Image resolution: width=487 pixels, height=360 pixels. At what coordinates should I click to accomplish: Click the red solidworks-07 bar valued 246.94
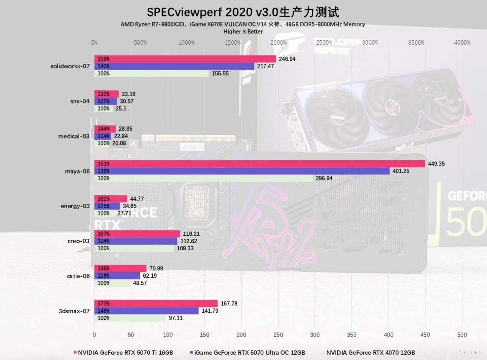185,59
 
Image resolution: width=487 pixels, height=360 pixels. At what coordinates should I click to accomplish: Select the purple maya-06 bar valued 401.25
242,171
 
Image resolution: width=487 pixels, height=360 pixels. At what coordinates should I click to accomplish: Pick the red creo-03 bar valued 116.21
137,234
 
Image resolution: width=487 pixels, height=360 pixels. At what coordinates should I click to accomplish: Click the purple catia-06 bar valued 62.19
117,276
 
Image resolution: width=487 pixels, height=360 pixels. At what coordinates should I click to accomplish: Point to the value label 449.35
436,164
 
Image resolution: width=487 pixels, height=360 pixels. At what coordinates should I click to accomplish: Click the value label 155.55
220,73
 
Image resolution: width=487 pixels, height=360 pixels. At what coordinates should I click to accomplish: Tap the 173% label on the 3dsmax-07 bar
103,303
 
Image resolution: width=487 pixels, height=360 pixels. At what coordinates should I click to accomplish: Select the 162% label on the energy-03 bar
103,199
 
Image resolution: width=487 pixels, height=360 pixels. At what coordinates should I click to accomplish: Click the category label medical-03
74,136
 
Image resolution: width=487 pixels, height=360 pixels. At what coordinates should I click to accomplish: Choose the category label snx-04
80,101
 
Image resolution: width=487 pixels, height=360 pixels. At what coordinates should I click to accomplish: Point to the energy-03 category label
75,206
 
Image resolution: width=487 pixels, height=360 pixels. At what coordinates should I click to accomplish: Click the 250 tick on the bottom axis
278,335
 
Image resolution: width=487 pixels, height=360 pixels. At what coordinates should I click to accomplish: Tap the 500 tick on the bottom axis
462,335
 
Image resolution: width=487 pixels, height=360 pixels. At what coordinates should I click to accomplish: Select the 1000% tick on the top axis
186,43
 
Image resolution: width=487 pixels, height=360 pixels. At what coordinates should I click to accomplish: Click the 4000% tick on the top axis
462,43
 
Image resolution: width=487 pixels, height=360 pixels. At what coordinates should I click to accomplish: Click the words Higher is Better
243,32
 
